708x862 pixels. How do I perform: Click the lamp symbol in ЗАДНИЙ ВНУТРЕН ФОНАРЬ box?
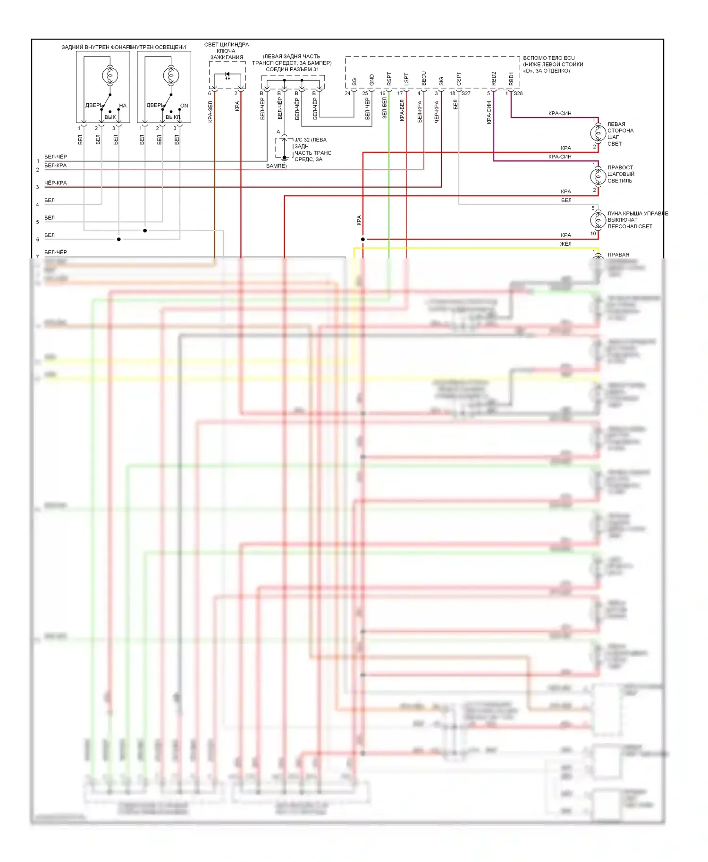(x=110, y=75)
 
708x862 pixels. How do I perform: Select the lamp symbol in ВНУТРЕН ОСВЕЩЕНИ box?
(x=171, y=75)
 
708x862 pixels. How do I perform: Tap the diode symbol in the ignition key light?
(x=227, y=75)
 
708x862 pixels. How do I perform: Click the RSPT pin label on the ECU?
(x=389, y=79)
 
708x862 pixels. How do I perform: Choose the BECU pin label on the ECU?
(x=424, y=79)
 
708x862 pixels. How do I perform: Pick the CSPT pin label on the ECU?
(x=459, y=79)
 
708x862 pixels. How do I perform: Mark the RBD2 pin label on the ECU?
(x=494, y=79)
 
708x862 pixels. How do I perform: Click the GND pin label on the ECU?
(x=371, y=80)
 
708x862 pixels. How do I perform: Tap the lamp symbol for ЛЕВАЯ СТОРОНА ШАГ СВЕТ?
(x=598, y=133)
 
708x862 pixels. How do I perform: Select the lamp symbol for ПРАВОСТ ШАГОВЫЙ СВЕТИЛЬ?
(x=598, y=176)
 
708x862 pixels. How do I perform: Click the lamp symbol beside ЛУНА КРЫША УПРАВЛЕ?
(x=598, y=220)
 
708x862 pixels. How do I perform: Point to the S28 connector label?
(x=518, y=93)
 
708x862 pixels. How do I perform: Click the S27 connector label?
(x=466, y=93)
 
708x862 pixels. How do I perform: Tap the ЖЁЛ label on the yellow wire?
(x=565, y=244)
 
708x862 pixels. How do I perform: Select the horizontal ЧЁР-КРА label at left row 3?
(x=56, y=183)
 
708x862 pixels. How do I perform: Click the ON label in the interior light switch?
(x=184, y=106)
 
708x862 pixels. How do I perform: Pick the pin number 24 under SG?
(x=347, y=93)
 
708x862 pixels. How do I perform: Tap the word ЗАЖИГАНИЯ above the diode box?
(x=227, y=58)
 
